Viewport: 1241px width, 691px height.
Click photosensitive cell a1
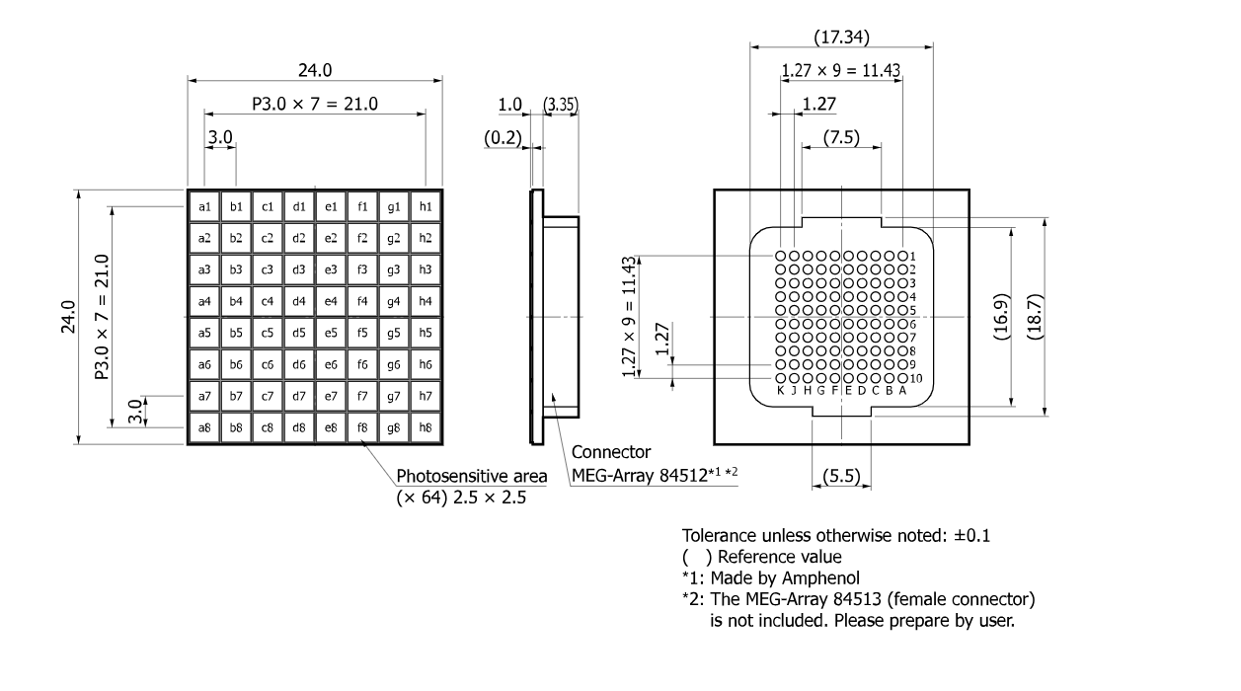click(204, 206)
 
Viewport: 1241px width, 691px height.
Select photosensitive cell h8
click(426, 427)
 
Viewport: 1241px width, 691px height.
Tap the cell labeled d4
click(299, 301)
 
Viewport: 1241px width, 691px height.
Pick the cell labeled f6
click(362, 364)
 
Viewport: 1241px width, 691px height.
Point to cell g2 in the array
click(394, 238)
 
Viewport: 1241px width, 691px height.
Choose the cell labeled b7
click(236, 396)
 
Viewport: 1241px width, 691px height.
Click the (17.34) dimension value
click(841, 38)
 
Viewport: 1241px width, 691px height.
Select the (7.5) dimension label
click(840, 136)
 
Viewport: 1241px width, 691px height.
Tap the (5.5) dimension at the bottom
click(841, 478)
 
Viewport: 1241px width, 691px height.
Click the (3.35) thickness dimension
click(561, 105)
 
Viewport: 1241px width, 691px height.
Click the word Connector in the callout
click(611, 453)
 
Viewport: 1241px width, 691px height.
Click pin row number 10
click(915, 379)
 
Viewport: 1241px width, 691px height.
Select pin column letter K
click(780, 391)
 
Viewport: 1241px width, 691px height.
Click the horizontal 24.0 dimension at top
click(315, 70)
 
